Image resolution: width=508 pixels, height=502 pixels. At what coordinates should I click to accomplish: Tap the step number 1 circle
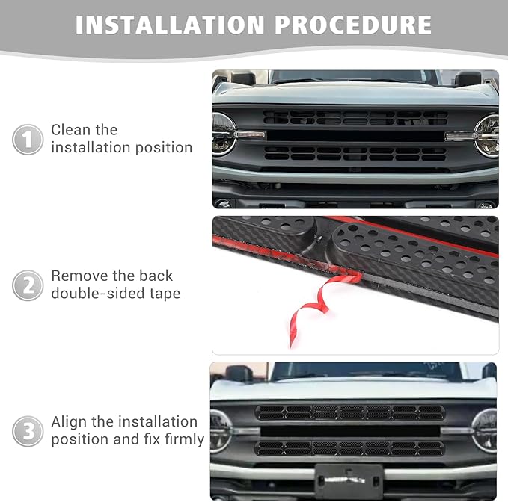(28, 140)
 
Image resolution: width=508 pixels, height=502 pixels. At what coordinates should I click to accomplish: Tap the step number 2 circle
(28, 285)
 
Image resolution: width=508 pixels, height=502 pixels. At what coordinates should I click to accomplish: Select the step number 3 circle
(28, 431)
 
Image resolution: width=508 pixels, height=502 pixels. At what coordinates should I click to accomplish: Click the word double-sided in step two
(94, 294)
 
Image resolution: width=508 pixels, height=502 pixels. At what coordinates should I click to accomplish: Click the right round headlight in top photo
(487, 134)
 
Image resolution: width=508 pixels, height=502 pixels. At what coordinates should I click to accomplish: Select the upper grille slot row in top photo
(355, 118)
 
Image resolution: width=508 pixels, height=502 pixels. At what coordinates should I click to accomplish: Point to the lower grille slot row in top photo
(355, 153)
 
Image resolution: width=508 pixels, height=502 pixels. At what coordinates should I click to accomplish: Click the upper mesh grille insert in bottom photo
(349, 412)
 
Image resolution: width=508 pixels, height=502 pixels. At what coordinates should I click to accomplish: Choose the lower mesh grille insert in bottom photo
(349, 448)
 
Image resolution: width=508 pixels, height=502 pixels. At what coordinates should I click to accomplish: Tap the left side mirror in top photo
(242, 78)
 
